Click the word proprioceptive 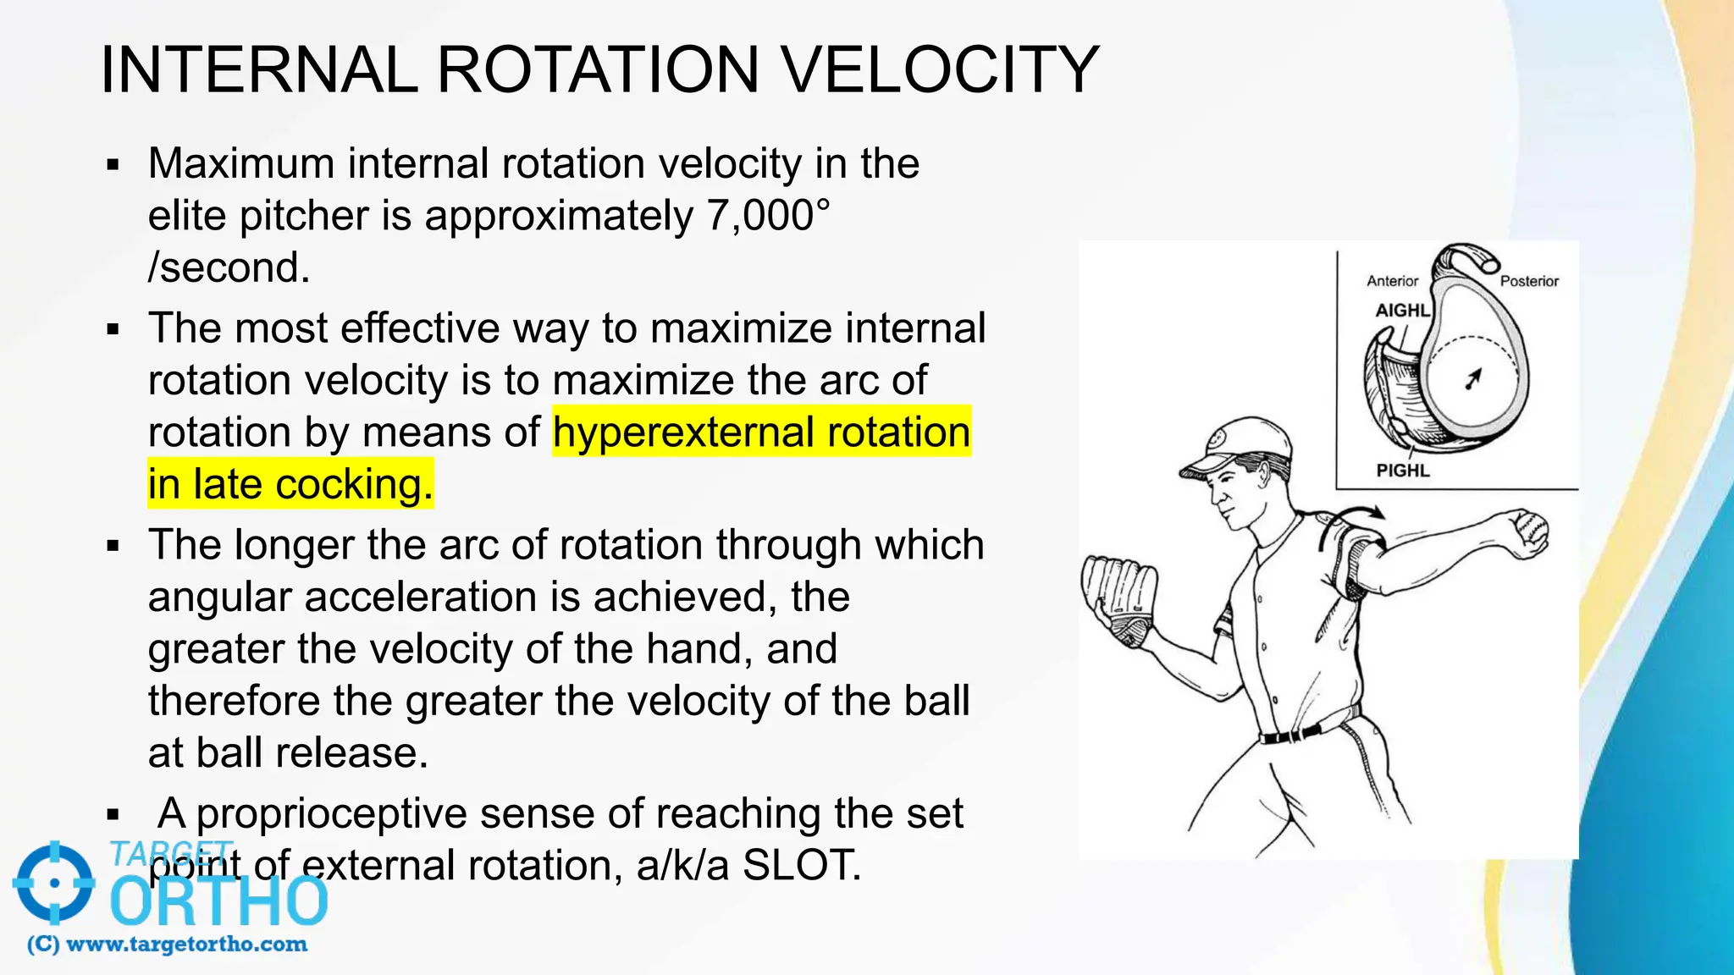click(331, 813)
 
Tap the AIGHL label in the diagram click(1401, 311)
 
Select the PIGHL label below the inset click(1402, 471)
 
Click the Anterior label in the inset click(1392, 281)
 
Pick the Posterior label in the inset click(1529, 281)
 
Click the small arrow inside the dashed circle click(1474, 378)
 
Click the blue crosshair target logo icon click(54, 883)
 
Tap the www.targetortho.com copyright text click(168, 945)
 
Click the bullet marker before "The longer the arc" click(113, 547)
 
